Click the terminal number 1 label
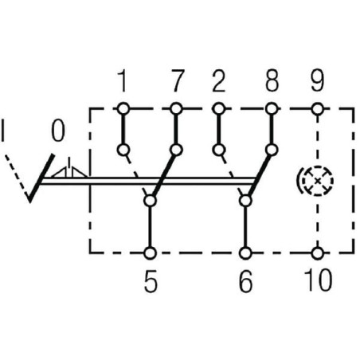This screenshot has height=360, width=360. point(123,81)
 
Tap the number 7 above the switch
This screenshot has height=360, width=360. point(177,80)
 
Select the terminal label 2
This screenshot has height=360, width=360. point(219,81)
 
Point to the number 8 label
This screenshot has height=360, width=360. point(272,80)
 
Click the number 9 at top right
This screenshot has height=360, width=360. point(317,80)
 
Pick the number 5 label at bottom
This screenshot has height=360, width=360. point(151,281)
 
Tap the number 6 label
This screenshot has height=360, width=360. point(245,281)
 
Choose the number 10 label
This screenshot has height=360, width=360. point(318,280)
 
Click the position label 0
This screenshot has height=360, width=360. point(58,131)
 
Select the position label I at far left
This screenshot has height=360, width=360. point(3,131)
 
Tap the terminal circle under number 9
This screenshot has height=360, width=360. point(318,109)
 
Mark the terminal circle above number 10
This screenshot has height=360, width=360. point(318,253)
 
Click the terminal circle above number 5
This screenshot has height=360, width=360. point(150,253)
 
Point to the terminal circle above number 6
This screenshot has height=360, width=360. point(245,253)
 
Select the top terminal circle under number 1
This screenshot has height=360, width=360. point(123,108)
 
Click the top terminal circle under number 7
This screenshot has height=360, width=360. point(176,108)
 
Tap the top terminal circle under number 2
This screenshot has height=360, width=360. point(218,108)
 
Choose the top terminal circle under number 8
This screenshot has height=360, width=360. point(272,108)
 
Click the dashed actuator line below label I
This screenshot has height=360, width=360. point(18,178)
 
